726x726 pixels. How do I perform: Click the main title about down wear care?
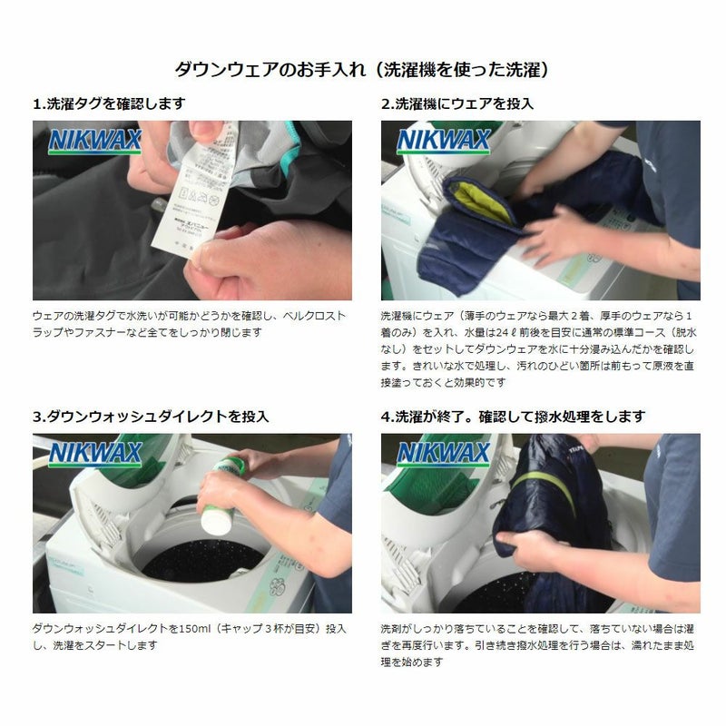pyautogui.click(x=362, y=70)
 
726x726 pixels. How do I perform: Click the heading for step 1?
pyautogui.click(x=109, y=103)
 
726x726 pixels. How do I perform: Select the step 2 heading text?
pyautogui.click(x=457, y=103)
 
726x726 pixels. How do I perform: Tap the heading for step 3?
pyautogui.click(x=151, y=417)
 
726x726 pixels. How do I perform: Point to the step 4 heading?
pyautogui.click(x=513, y=417)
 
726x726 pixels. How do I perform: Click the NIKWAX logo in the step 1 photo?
pyautogui.click(x=95, y=141)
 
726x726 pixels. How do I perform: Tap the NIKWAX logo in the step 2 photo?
pyautogui.click(x=443, y=141)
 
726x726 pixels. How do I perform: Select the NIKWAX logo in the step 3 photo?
pyautogui.click(x=95, y=454)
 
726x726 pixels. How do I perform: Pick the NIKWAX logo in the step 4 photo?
pyautogui.click(x=443, y=454)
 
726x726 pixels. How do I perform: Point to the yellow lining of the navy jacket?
pyautogui.click(x=482, y=202)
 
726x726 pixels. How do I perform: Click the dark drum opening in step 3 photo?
pyautogui.click(x=202, y=559)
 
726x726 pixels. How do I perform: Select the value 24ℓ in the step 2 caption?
pyautogui.click(x=503, y=332)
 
